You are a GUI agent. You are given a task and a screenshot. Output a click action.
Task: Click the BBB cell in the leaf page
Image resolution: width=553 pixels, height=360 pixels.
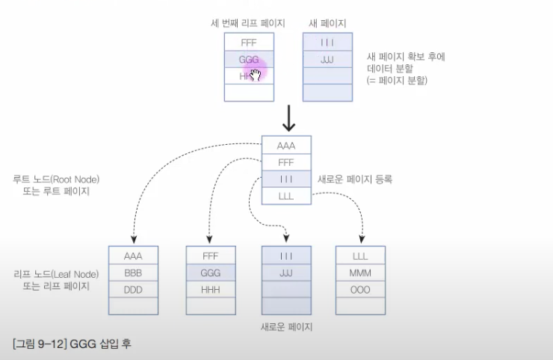(133, 272)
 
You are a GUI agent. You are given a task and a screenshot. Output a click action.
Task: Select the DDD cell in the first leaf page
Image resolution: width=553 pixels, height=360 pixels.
(133, 289)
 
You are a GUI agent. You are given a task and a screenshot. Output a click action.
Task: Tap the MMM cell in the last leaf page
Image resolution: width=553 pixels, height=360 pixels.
(360, 272)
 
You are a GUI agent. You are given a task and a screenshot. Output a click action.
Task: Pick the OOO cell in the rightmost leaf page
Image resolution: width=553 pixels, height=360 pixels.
(360, 289)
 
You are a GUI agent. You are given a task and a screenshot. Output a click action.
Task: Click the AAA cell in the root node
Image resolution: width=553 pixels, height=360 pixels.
(286, 146)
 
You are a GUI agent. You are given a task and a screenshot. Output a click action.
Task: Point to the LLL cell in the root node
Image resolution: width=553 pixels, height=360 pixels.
(286, 196)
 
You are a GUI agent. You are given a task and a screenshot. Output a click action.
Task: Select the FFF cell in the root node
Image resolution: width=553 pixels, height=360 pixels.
(286, 163)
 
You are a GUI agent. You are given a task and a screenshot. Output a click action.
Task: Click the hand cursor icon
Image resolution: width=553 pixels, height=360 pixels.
(256, 74)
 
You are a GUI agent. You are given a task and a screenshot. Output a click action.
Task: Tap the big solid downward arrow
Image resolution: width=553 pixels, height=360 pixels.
(287, 117)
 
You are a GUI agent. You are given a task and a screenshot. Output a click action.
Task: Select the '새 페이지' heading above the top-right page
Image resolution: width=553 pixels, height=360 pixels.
(327, 22)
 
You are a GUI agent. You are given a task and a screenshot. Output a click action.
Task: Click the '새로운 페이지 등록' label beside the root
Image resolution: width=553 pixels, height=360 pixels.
(356, 180)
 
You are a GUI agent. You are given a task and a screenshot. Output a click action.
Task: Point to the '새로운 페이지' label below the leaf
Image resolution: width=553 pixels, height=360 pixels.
(286, 327)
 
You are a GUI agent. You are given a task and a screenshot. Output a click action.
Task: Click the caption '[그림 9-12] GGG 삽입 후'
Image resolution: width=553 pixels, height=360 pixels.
(72, 345)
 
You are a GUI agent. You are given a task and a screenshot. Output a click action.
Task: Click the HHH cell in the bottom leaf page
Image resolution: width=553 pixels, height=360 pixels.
(210, 289)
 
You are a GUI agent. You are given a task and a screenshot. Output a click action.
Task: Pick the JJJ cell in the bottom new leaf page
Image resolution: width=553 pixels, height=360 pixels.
(286, 272)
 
